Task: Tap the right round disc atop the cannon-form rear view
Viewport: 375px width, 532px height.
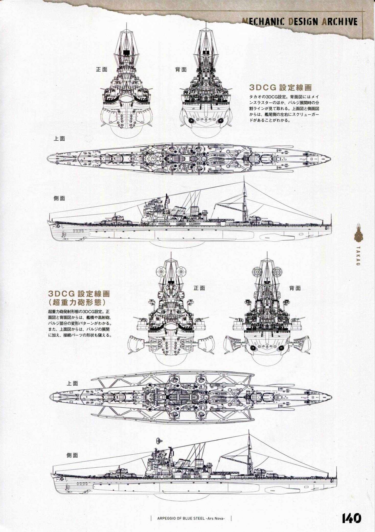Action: (x=278, y=271)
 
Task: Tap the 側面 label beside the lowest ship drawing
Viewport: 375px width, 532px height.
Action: (x=72, y=455)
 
